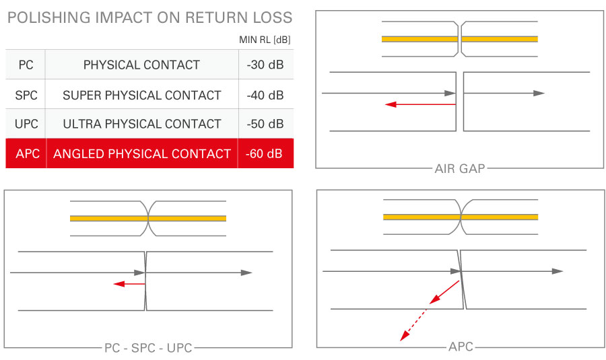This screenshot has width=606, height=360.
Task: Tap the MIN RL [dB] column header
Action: tap(265, 40)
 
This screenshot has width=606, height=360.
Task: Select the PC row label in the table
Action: tap(26, 65)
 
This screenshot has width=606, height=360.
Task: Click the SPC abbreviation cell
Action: tap(26, 95)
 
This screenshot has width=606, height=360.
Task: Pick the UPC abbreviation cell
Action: tap(26, 124)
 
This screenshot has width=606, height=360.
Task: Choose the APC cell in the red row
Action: tap(26, 154)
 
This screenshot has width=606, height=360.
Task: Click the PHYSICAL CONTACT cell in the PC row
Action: tap(141, 65)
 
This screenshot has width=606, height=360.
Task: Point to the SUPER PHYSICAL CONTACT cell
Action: tap(141, 95)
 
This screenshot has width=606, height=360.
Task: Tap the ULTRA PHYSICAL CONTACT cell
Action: tap(141, 124)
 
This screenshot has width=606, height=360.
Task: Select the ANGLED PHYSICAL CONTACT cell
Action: tap(141, 154)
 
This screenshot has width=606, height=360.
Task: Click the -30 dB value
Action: tap(266, 65)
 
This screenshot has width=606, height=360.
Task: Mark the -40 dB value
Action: tap(266, 95)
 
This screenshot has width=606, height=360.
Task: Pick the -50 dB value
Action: tap(266, 124)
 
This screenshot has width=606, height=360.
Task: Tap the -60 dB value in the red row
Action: tap(266, 154)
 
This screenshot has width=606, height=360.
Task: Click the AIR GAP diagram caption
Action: tap(460, 168)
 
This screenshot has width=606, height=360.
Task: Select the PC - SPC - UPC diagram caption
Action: tap(148, 348)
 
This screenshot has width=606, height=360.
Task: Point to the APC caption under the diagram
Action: tap(461, 347)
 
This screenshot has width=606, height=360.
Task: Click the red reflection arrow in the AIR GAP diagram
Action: tap(420, 104)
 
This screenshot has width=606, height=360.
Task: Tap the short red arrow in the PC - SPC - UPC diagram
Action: tap(129, 284)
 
